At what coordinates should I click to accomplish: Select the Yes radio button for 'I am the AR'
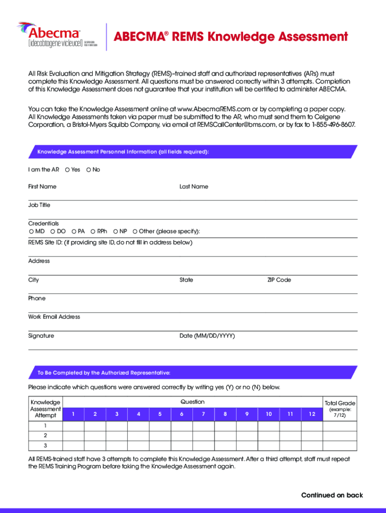coord(67,170)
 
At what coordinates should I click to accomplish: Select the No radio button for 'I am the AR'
coord(89,170)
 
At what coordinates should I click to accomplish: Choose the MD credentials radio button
coord(31,231)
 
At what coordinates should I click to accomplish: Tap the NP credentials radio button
coord(115,231)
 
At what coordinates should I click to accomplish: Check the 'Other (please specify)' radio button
coord(135,231)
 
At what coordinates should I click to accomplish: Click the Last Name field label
coord(194,187)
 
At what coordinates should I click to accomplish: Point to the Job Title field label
coord(39,205)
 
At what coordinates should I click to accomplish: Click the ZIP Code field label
coord(279,280)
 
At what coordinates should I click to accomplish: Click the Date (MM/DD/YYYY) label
coord(207,336)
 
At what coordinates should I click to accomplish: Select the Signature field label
coord(41,336)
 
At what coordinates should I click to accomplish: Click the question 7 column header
coord(203,414)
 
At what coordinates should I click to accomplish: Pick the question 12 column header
coord(312,414)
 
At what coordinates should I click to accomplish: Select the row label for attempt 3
coord(45,445)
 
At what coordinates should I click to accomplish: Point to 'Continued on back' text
coord(331,495)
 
